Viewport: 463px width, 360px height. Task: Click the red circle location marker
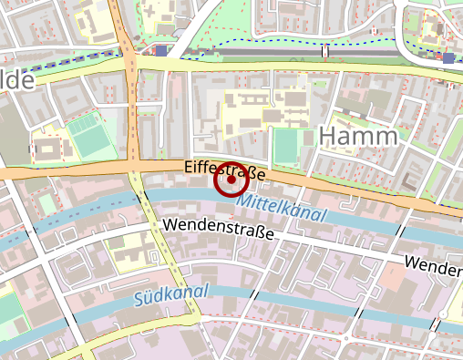231,180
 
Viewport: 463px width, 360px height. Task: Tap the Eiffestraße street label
224,170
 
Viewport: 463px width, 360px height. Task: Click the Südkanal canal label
170,294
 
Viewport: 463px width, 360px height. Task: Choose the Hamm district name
358,137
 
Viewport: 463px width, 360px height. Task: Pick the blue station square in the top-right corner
448,58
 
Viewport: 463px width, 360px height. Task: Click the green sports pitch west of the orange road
87,135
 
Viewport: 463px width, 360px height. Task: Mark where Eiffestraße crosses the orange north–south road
133,168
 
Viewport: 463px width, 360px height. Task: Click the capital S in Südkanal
139,299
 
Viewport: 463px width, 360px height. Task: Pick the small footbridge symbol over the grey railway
324,51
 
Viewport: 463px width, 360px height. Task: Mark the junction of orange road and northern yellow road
130,66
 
